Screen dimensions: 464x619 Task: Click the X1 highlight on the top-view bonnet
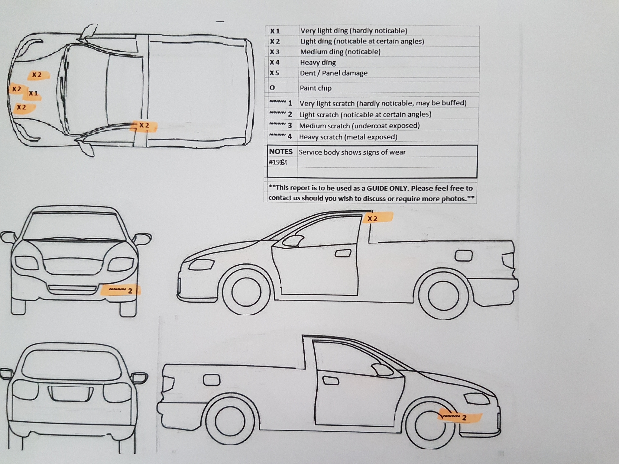pos(33,94)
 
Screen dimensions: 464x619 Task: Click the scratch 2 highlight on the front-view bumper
pos(121,291)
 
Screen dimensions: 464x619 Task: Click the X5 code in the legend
pos(274,73)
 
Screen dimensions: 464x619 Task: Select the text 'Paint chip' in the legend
pos(316,88)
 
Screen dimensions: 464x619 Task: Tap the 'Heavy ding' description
pos(318,63)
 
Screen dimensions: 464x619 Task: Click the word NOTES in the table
pos(281,152)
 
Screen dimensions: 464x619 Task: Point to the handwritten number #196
pos(278,163)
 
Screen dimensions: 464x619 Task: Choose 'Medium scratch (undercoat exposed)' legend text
pos(359,126)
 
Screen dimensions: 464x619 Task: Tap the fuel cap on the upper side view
pos(464,256)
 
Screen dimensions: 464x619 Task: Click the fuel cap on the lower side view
pos(212,380)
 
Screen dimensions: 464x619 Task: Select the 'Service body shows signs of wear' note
pos(352,152)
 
